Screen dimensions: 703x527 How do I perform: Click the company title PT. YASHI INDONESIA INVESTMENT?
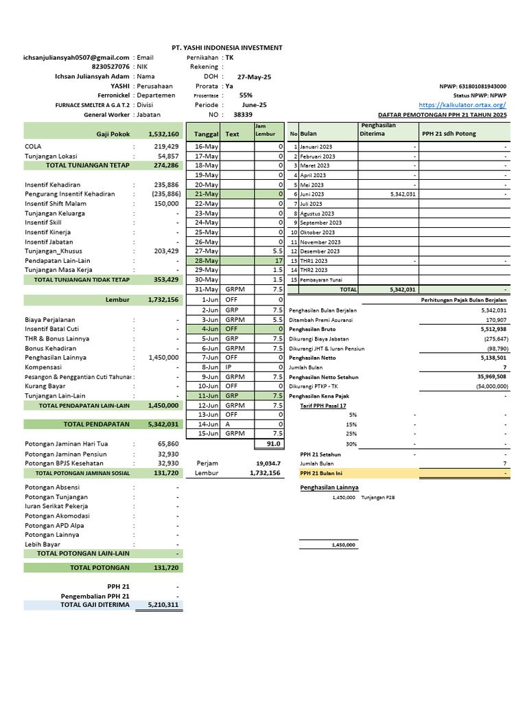point(226,47)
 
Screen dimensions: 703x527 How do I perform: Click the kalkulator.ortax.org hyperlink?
point(462,105)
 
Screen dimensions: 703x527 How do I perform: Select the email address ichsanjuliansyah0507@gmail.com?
point(76,58)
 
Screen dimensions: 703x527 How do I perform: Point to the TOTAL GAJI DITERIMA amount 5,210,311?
point(163,605)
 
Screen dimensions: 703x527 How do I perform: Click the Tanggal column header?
point(207,135)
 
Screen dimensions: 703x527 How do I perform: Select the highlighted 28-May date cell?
point(207,261)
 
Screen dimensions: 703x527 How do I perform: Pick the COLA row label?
point(33,146)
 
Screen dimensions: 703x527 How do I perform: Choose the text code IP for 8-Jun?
point(229,367)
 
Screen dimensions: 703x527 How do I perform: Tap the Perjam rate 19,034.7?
point(268,463)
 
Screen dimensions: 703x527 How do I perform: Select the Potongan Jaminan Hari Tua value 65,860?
point(167,444)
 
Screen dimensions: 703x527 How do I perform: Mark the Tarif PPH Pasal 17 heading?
point(323,406)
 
